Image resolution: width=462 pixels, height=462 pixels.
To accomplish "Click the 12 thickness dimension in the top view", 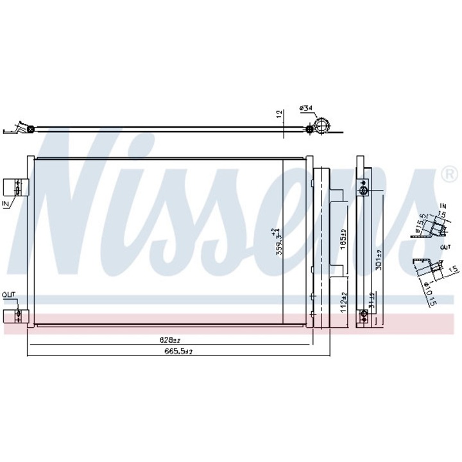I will coord(278,114).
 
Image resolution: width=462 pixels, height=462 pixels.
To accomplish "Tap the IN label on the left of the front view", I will coord(6,204).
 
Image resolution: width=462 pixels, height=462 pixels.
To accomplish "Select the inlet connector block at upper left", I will coord(14,187).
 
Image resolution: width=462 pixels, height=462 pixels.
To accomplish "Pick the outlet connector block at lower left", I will coord(14,315).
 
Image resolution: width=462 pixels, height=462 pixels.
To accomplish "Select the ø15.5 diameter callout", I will coord(422,223).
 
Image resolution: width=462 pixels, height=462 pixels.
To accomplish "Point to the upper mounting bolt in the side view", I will coord(364,191).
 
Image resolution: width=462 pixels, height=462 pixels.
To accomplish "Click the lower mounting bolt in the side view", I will coord(364,314).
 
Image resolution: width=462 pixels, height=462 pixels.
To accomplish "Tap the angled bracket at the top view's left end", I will coord(22,129).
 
